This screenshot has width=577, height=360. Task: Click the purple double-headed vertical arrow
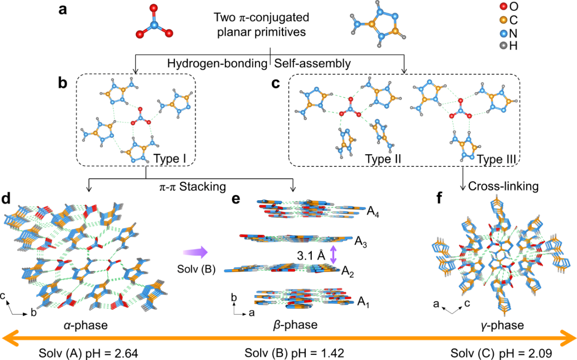click(332, 255)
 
